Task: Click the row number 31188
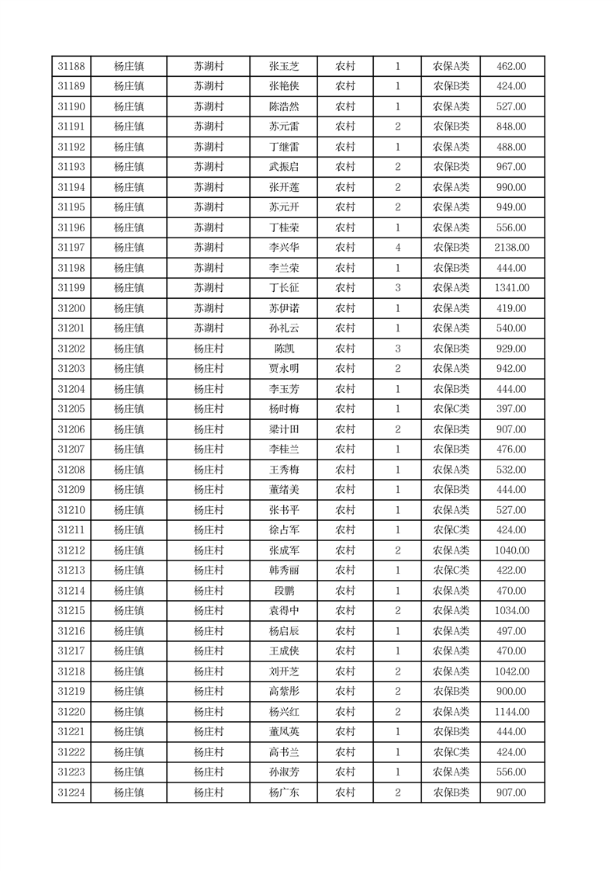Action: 71,66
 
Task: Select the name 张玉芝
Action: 283,66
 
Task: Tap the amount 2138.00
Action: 511,248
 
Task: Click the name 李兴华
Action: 283,248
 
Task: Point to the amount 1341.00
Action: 511,288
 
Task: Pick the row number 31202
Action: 71,349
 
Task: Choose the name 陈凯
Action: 283,349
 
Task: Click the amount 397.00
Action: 511,409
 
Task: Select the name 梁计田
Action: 283,429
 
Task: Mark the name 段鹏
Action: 283,591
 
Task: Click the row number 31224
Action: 71,793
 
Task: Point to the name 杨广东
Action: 283,793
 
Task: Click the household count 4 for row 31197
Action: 397,248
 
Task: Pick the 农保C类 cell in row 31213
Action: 451,571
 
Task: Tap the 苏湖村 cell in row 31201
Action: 209,328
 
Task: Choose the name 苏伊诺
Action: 283,308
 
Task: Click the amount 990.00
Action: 511,187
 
